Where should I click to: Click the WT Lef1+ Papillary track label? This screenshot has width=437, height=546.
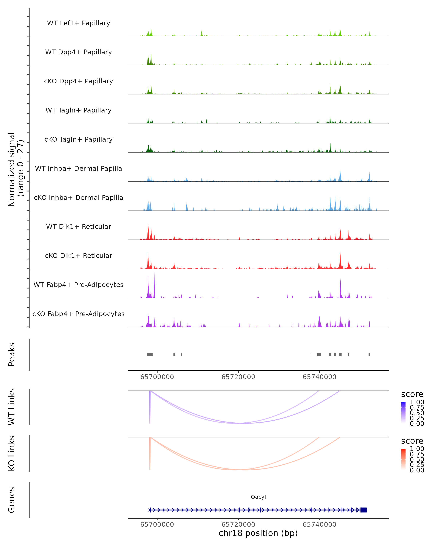78,23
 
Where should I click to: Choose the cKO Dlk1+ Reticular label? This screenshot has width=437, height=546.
78,256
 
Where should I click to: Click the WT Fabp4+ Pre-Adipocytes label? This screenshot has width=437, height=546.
78,285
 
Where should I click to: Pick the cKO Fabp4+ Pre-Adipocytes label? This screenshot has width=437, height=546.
78,314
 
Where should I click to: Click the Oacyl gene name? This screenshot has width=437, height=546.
258,497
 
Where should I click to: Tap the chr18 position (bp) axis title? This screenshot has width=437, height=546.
258,533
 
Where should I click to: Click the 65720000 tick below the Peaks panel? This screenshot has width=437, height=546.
238,377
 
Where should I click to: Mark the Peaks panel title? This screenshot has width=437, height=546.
12,354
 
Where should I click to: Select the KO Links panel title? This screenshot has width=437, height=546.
12,453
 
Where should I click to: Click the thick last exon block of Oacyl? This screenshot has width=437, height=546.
364,510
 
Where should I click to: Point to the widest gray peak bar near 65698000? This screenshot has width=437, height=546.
150,355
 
